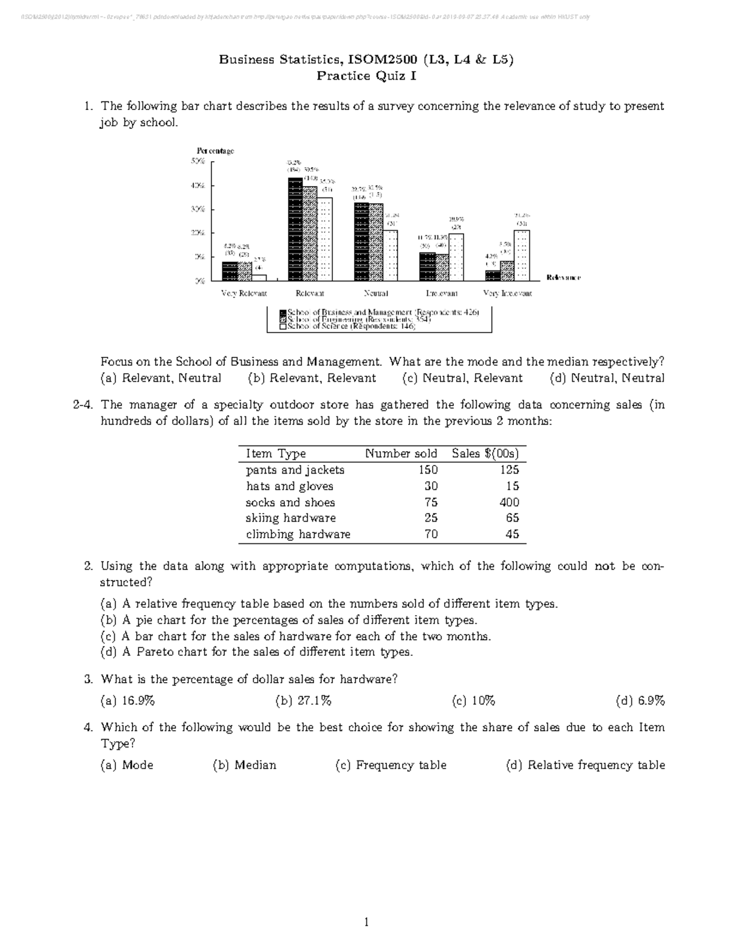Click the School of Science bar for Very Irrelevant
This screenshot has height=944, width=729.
[522, 255]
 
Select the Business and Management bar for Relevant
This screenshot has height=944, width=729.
[295, 229]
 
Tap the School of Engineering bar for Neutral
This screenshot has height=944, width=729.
[376, 242]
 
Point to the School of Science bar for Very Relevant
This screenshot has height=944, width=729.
[259, 277]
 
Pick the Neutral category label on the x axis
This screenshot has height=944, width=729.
[376, 293]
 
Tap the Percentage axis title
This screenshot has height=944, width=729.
[214, 150]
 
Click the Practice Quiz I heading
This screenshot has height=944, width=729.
[366, 76]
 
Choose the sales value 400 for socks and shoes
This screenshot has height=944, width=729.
[509, 502]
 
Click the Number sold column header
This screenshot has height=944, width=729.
[401, 453]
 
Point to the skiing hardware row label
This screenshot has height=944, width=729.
[290, 518]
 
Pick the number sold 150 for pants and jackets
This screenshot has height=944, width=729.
[428, 470]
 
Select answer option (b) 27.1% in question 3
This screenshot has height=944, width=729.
[303, 701]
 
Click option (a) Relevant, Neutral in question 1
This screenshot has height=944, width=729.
[161, 378]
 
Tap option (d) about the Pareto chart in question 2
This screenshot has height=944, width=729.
[256, 652]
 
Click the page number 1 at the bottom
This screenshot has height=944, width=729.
[366, 922]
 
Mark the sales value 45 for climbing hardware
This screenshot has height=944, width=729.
[512, 534]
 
